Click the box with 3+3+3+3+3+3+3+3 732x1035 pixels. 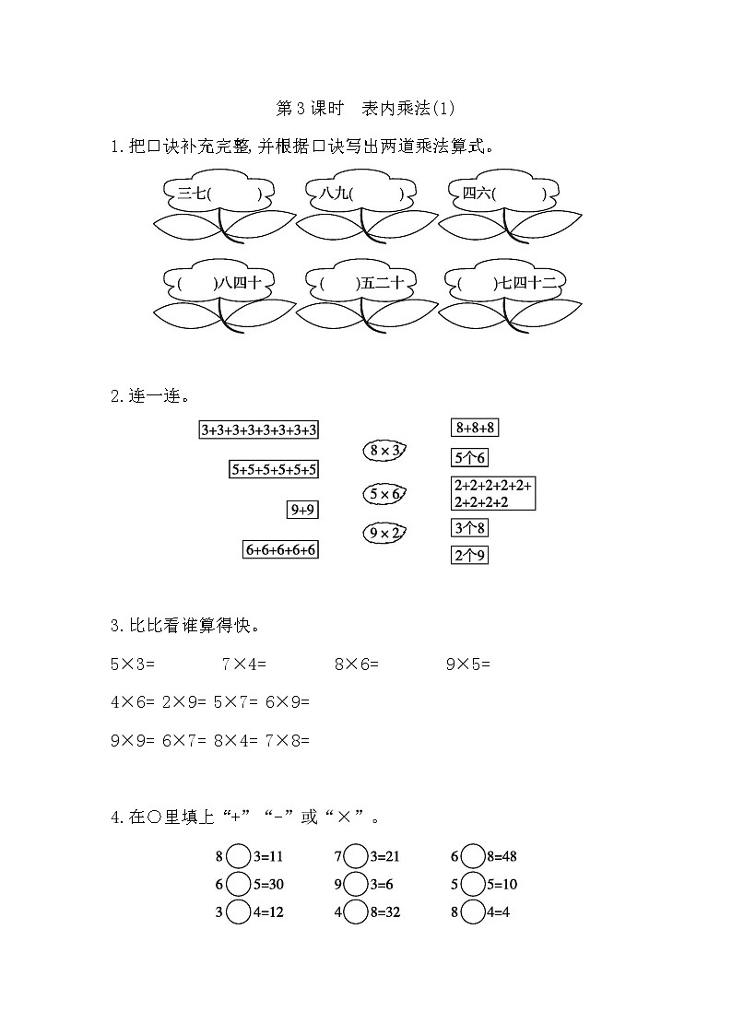point(259,429)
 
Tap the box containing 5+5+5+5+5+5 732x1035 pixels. point(274,469)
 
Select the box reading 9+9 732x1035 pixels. point(303,509)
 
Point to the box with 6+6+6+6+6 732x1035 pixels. point(281,549)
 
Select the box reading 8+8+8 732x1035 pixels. point(475,427)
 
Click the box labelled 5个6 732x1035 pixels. point(469,457)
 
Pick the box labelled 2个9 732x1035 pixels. point(469,555)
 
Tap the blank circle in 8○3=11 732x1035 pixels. point(238,856)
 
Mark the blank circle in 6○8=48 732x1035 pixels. point(473,856)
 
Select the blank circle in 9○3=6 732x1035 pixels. point(356,884)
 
